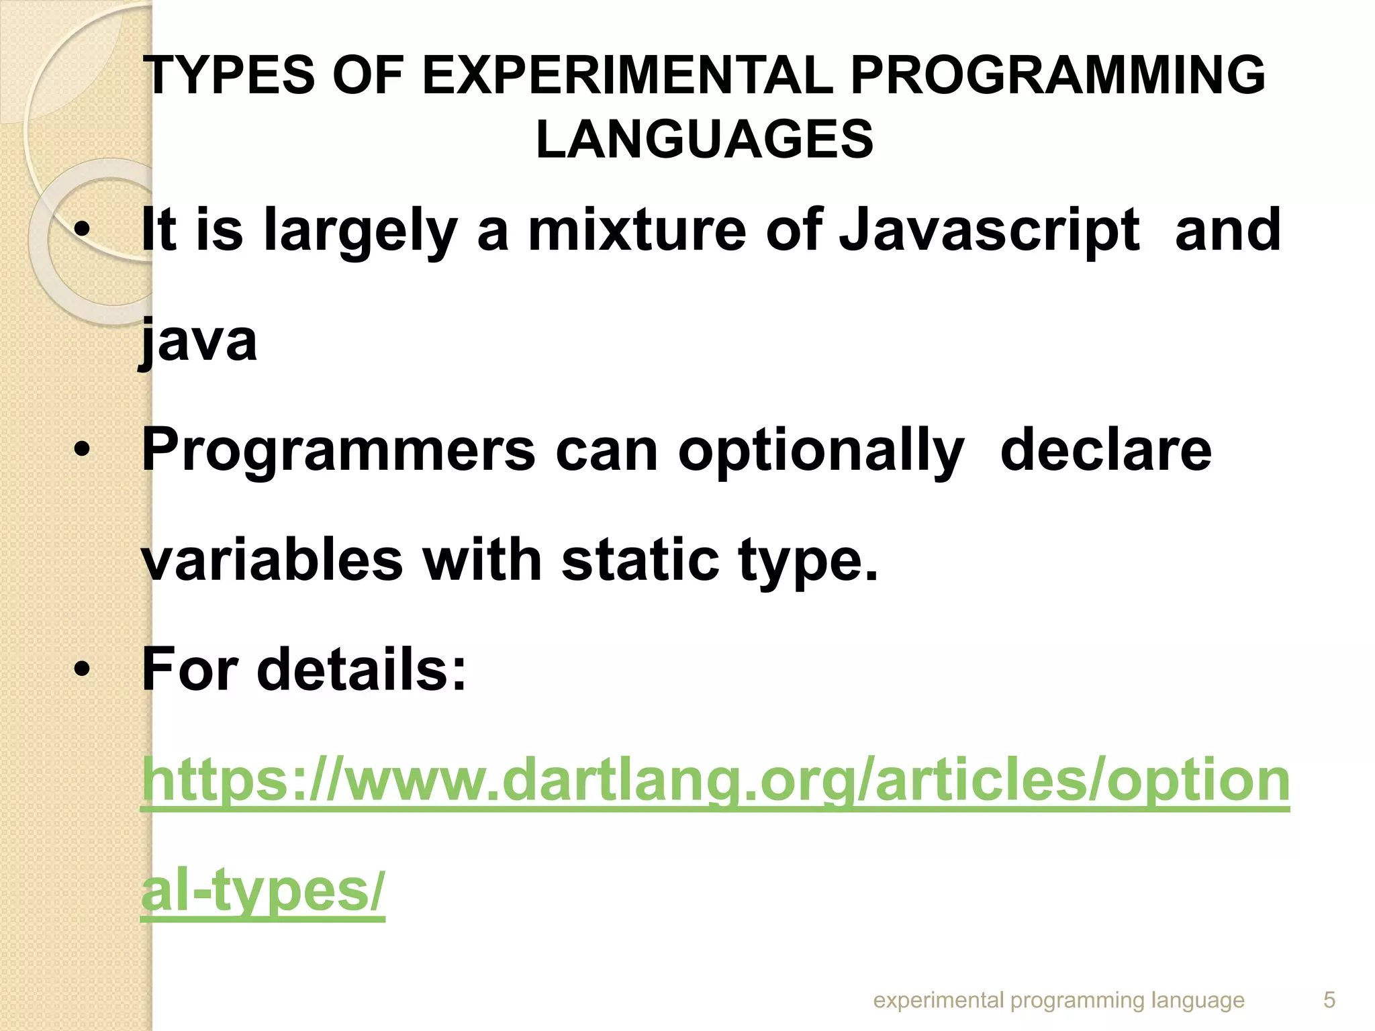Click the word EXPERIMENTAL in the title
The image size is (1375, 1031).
click(627, 75)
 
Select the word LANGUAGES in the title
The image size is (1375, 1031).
click(704, 140)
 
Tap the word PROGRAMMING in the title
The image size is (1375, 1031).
click(1057, 75)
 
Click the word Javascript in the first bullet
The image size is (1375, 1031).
click(989, 230)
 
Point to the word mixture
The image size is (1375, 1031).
click(637, 230)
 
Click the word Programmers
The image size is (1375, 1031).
click(338, 451)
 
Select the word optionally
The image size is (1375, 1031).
click(821, 451)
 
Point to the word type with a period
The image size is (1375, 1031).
click(808, 561)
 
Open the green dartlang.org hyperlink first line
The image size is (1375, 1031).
click(715, 780)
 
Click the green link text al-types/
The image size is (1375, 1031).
click(263, 891)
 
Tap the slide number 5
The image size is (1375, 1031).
click(1329, 1000)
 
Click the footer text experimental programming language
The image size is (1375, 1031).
click(1059, 1000)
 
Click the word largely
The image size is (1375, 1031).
click(361, 230)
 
